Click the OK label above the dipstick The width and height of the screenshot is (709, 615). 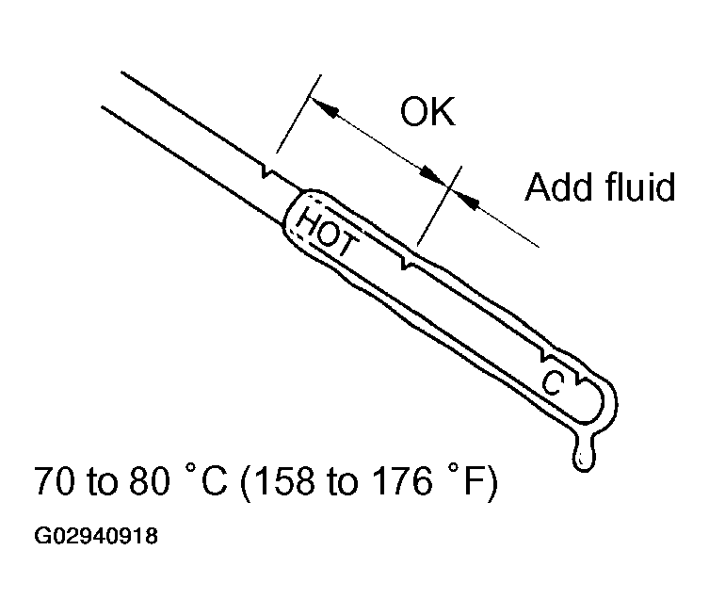[427, 113]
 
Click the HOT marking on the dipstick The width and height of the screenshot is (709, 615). [326, 232]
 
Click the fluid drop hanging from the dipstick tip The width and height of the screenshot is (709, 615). [585, 456]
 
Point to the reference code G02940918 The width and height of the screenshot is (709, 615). [96, 538]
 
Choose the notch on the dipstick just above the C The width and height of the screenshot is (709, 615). [546, 358]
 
